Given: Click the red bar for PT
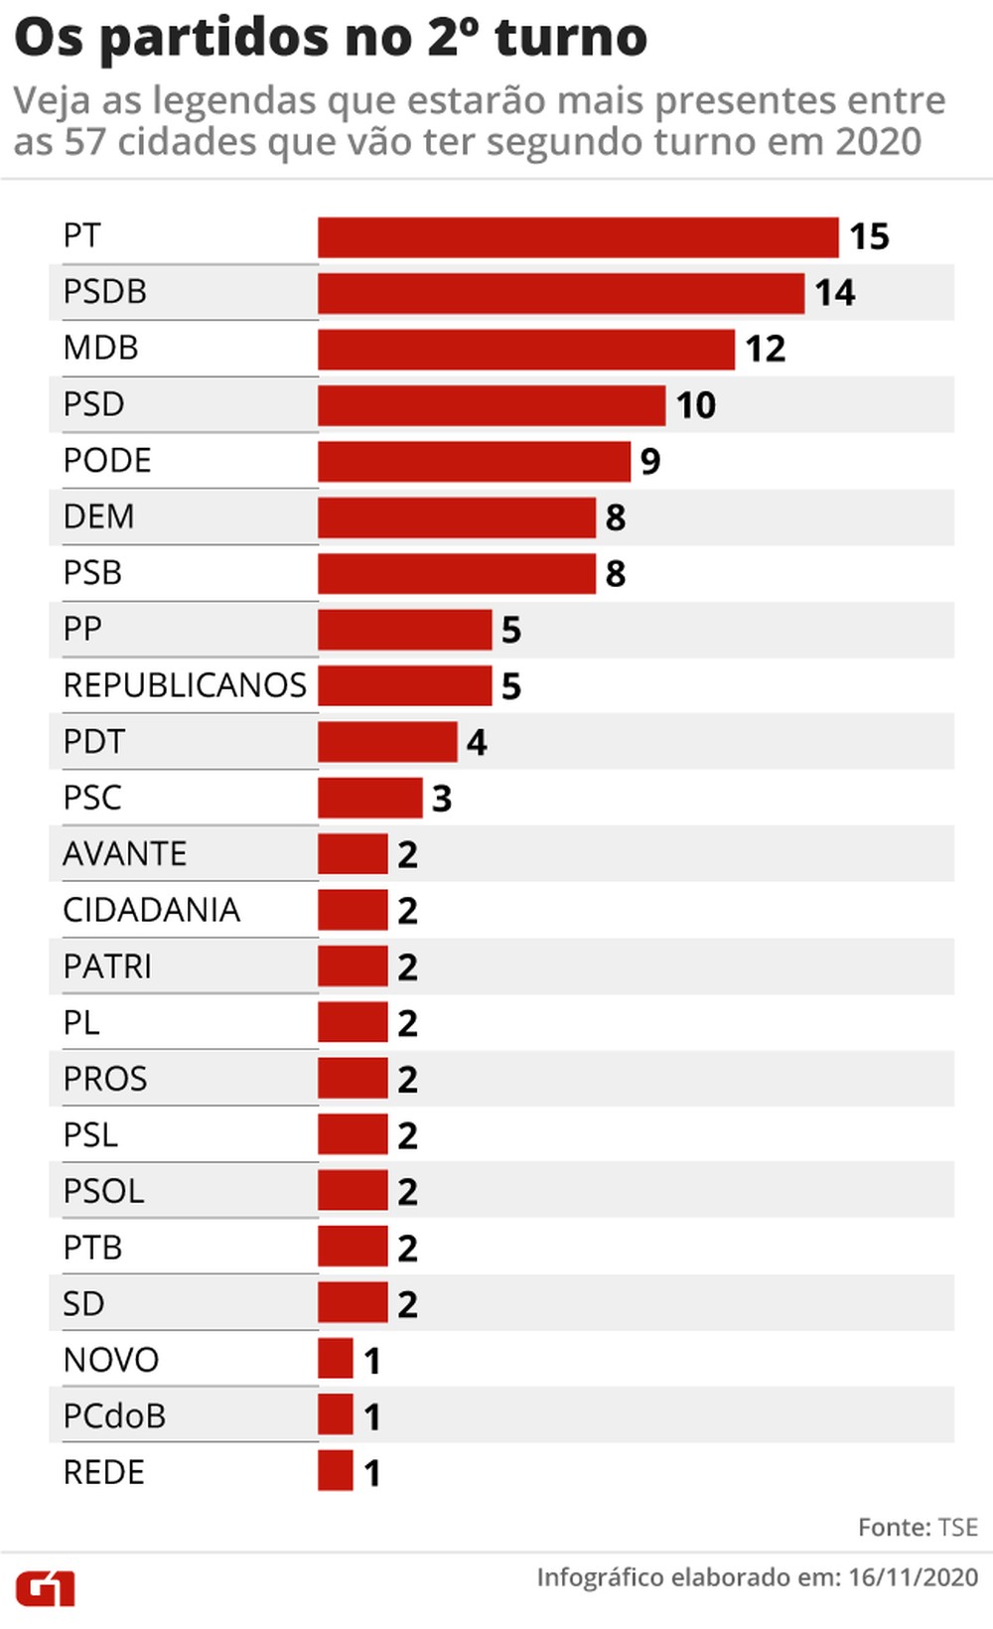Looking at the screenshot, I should coord(578,237).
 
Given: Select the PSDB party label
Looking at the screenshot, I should coord(105,292).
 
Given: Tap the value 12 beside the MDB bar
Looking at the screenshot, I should coord(766,350).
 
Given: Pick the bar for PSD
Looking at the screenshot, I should coord(492,405).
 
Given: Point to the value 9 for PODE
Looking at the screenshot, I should coord(650,462).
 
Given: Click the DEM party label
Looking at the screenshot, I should coord(98,517).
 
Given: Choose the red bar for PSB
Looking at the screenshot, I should coord(457,574).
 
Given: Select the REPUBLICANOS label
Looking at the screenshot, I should coord(185,685).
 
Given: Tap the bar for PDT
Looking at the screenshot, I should coord(387,742).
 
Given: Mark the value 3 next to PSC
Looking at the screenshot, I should coord(442,799).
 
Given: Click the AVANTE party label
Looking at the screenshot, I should coord(124,854).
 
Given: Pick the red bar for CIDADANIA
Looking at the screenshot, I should coord(353,911).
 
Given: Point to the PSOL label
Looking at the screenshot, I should coord(103,1191).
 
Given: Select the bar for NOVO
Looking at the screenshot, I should coord(336,1359).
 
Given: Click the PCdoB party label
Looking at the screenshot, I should coord(114,1416).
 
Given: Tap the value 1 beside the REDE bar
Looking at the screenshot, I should coord(372,1473).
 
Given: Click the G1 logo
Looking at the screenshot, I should coord(45,1588).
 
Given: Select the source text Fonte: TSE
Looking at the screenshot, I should coord(918,1528).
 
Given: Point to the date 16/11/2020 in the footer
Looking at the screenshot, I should coord(913,1577).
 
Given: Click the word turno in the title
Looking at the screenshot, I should coord(571,38).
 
